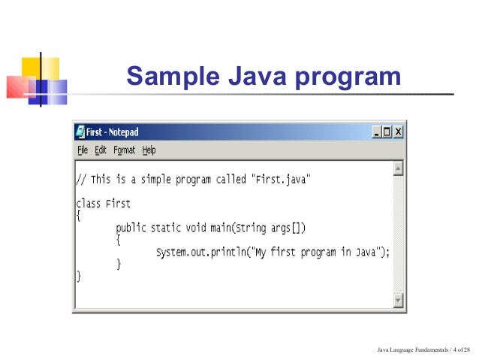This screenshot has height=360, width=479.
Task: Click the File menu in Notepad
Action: tap(83, 150)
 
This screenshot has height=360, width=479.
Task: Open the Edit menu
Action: tap(100, 150)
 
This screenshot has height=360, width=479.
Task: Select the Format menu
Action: tap(125, 150)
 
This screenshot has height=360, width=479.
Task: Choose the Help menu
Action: tap(149, 150)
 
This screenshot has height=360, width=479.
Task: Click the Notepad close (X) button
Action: tap(398, 132)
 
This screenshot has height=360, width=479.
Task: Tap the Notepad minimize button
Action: tap(377, 132)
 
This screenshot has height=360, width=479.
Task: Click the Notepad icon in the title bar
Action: tap(80, 132)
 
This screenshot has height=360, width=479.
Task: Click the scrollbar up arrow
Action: tap(398, 167)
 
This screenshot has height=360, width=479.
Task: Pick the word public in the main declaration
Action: tap(132, 227)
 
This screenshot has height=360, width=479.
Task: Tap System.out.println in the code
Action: tap(196, 252)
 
